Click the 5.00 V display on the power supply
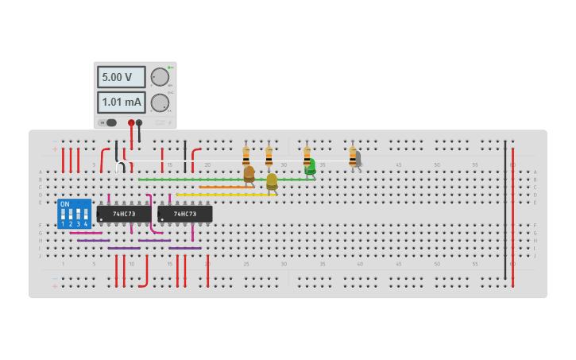[121, 77]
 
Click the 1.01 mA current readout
[121, 103]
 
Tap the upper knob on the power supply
[160, 77]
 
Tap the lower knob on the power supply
[160, 103]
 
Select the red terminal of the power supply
[131, 123]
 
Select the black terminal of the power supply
[139, 123]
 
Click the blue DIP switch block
[74, 214]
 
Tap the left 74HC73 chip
[124, 214]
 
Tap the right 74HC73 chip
[184, 214]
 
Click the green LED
[310, 167]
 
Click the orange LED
[249, 173]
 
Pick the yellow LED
[272, 181]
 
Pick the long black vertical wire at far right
[504, 211]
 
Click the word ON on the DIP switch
[65, 204]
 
